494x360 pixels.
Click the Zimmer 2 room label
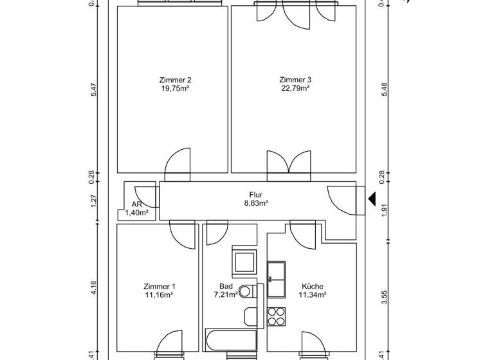[175, 80]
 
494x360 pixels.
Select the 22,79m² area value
[295, 89]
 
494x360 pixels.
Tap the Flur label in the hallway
[256, 194]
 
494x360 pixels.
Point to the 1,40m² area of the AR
[137, 212]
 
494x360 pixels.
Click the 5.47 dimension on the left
[94, 92]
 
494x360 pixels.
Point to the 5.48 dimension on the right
[384, 92]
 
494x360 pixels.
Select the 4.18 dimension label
[94, 288]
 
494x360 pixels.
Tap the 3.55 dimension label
[384, 297]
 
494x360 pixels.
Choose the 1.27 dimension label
[94, 201]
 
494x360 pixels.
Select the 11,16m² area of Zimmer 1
[159, 295]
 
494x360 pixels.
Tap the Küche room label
[312, 287]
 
